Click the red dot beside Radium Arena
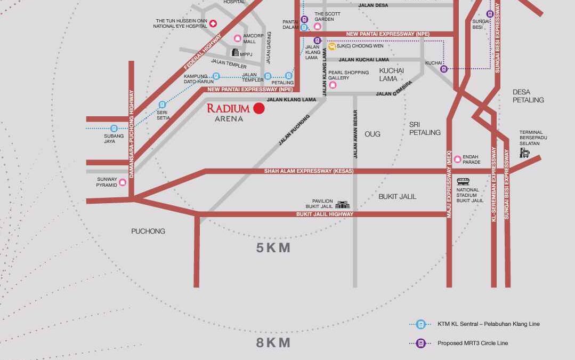point(259,108)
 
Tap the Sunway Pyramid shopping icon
point(123,182)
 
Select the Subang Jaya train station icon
point(114,129)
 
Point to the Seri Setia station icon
point(162,105)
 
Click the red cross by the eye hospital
point(213,23)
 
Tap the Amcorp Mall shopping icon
point(237,38)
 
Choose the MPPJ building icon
point(234,52)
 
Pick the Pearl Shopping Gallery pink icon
point(333,85)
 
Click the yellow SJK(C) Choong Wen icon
point(331,46)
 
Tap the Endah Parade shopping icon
point(457,159)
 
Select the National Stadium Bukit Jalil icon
point(463,181)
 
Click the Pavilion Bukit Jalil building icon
point(342,204)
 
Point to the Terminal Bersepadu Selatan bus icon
point(525,153)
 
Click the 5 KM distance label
point(273,247)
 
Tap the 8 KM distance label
point(273,342)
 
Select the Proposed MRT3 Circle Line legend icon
point(420,343)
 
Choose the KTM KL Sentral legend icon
point(420,324)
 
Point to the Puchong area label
point(148,231)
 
